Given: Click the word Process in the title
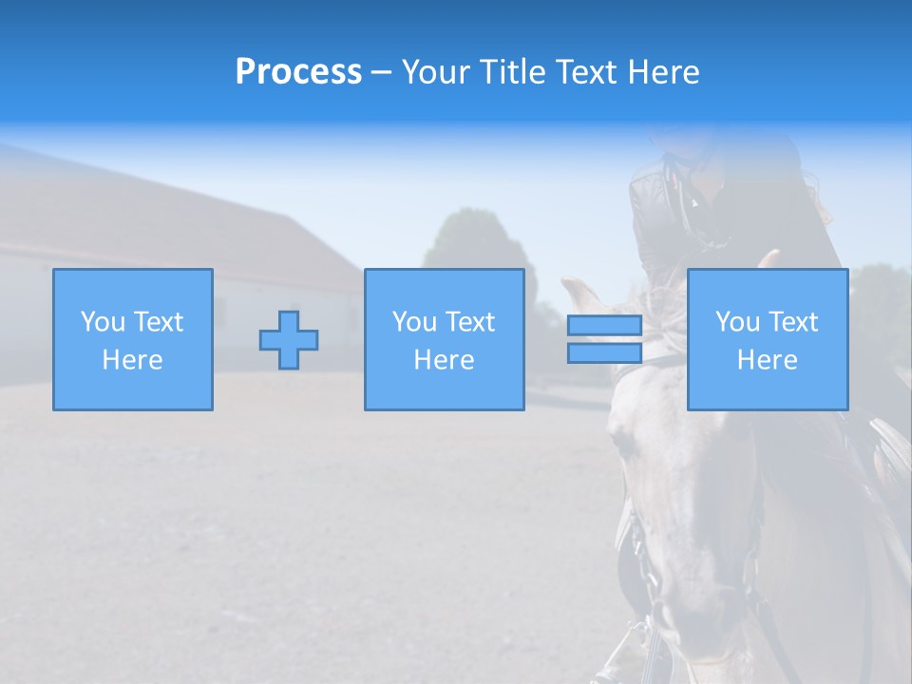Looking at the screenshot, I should pos(298,72).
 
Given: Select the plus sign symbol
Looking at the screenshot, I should pos(289,340).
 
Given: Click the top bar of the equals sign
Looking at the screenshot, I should pos(604,326).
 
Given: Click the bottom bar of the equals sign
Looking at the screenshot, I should pos(604,353).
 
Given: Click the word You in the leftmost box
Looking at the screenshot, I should pos(103,322).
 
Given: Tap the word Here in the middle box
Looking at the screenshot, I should pos(445,360).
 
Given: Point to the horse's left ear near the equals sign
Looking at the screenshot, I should pos(580,294).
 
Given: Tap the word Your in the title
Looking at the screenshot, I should pos(437,72).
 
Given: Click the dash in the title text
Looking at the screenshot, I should pos(381,72).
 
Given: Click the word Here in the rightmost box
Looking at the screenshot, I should pos(768,360).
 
